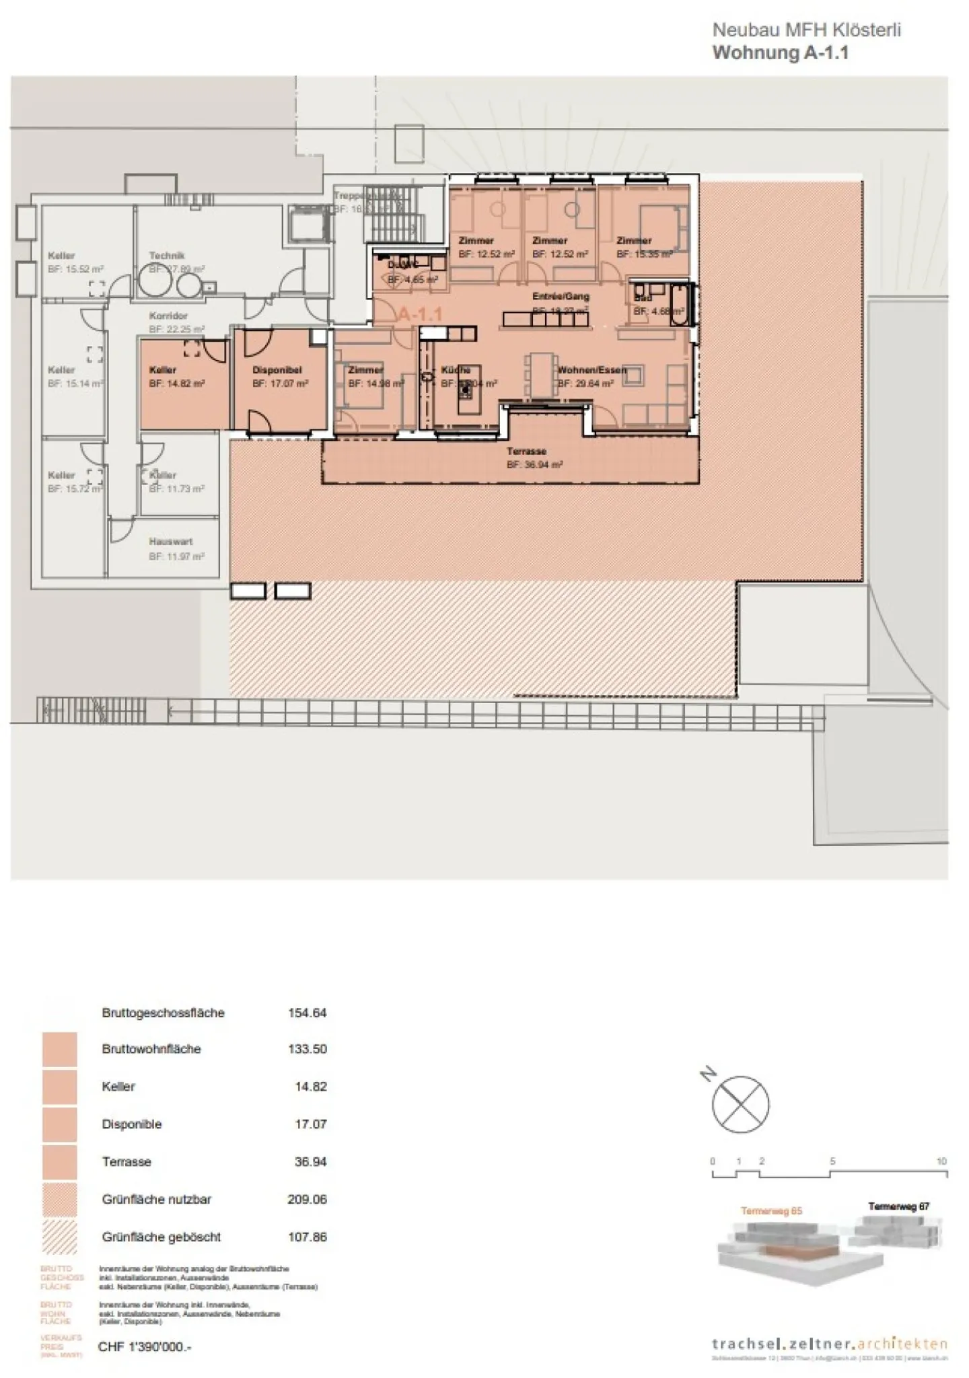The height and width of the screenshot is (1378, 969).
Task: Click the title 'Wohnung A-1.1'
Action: tap(780, 53)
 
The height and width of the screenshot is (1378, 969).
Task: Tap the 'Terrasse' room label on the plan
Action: tap(526, 451)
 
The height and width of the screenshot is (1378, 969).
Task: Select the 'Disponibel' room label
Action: tap(277, 370)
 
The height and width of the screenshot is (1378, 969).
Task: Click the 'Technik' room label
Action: tap(166, 256)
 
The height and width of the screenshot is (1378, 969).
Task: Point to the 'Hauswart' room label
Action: tap(171, 542)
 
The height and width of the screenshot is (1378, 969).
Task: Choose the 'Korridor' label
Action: tap(168, 316)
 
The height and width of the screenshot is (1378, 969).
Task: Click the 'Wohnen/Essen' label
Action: tap(591, 370)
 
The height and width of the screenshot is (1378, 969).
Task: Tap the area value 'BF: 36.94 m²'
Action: tap(534, 465)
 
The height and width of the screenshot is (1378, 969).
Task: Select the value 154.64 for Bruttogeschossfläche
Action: tap(307, 1013)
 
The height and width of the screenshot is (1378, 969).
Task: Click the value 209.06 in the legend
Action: tap(307, 1199)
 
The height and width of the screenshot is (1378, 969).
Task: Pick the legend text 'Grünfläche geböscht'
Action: tap(161, 1237)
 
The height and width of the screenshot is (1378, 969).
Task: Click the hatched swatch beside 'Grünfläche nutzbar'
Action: tap(59, 1200)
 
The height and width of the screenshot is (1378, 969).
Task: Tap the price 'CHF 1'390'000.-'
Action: tap(145, 1347)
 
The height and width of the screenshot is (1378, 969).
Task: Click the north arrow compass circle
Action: tap(740, 1104)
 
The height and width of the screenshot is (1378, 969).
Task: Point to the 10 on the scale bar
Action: tap(941, 1161)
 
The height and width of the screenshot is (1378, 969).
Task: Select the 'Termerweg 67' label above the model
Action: tap(898, 1206)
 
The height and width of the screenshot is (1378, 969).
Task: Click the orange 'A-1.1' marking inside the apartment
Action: tap(420, 314)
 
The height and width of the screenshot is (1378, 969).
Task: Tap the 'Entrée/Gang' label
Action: tap(561, 296)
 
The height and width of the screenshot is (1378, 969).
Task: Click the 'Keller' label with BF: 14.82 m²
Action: tap(163, 370)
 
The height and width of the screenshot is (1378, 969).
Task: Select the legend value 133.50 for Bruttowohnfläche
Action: tap(307, 1049)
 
